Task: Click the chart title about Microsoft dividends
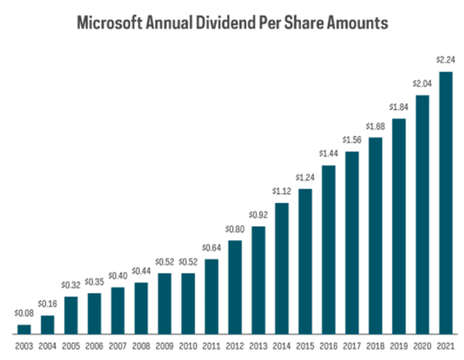click(232, 23)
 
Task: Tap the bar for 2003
click(24, 329)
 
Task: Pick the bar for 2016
click(328, 249)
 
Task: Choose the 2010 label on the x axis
click(188, 345)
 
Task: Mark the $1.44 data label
click(328, 154)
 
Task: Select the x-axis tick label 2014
click(282, 345)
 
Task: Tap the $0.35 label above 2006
click(94, 282)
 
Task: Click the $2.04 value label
click(422, 84)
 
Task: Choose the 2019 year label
click(398, 345)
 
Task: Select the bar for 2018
click(375, 235)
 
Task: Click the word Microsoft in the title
click(109, 23)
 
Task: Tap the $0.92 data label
click(258, 215)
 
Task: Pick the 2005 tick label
click(71, 345)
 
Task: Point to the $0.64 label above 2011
click(211, 248)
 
